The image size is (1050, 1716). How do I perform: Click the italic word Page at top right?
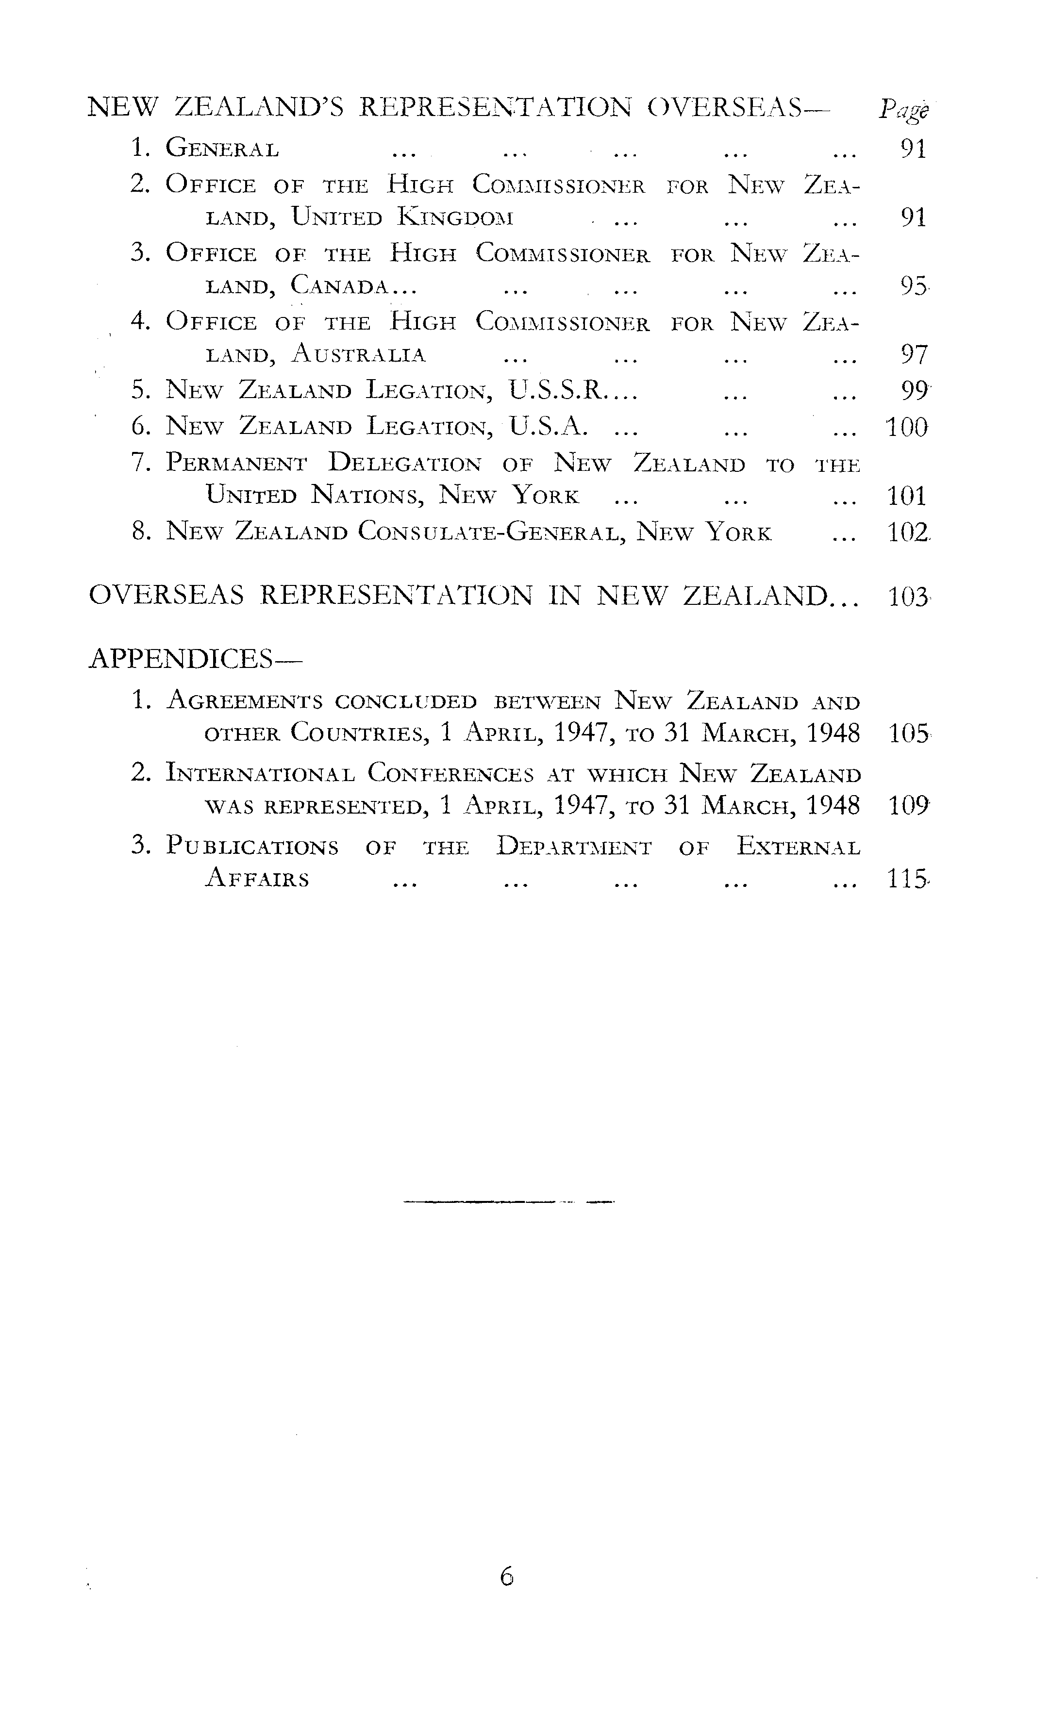click(x=903, y=110)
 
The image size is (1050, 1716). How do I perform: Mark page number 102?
click(x=907, y=533)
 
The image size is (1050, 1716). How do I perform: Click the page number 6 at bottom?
click(x=506, y=1576)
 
